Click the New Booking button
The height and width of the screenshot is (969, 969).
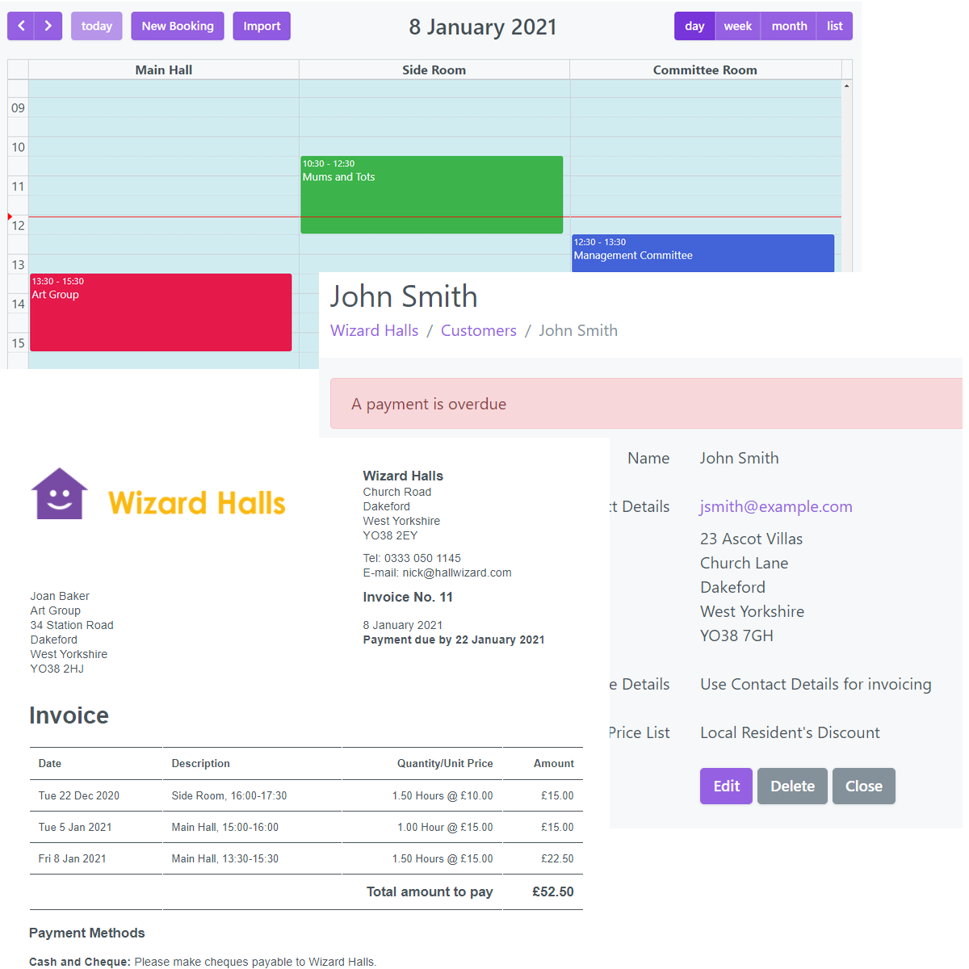[178, 26]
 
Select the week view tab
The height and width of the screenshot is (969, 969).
[737, 26]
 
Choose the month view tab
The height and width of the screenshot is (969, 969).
[789, 26]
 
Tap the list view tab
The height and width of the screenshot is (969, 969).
[834, 26]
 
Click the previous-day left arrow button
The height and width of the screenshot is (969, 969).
[22, 26]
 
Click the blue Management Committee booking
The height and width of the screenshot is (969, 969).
[703, 253]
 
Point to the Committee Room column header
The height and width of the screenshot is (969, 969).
[705, 70]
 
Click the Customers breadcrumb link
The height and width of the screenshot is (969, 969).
[478, 330]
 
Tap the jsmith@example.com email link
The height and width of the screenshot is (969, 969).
[776, 506]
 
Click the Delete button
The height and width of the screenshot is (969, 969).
[792, 786]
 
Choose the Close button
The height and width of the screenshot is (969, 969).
[863, 786]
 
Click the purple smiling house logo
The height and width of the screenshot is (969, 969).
[59, 493]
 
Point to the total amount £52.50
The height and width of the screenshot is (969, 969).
[552, 891]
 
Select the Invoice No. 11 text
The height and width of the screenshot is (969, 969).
[408, 597]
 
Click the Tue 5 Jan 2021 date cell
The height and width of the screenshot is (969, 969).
[75, 827]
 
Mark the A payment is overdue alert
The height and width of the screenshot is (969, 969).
[646, 404]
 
